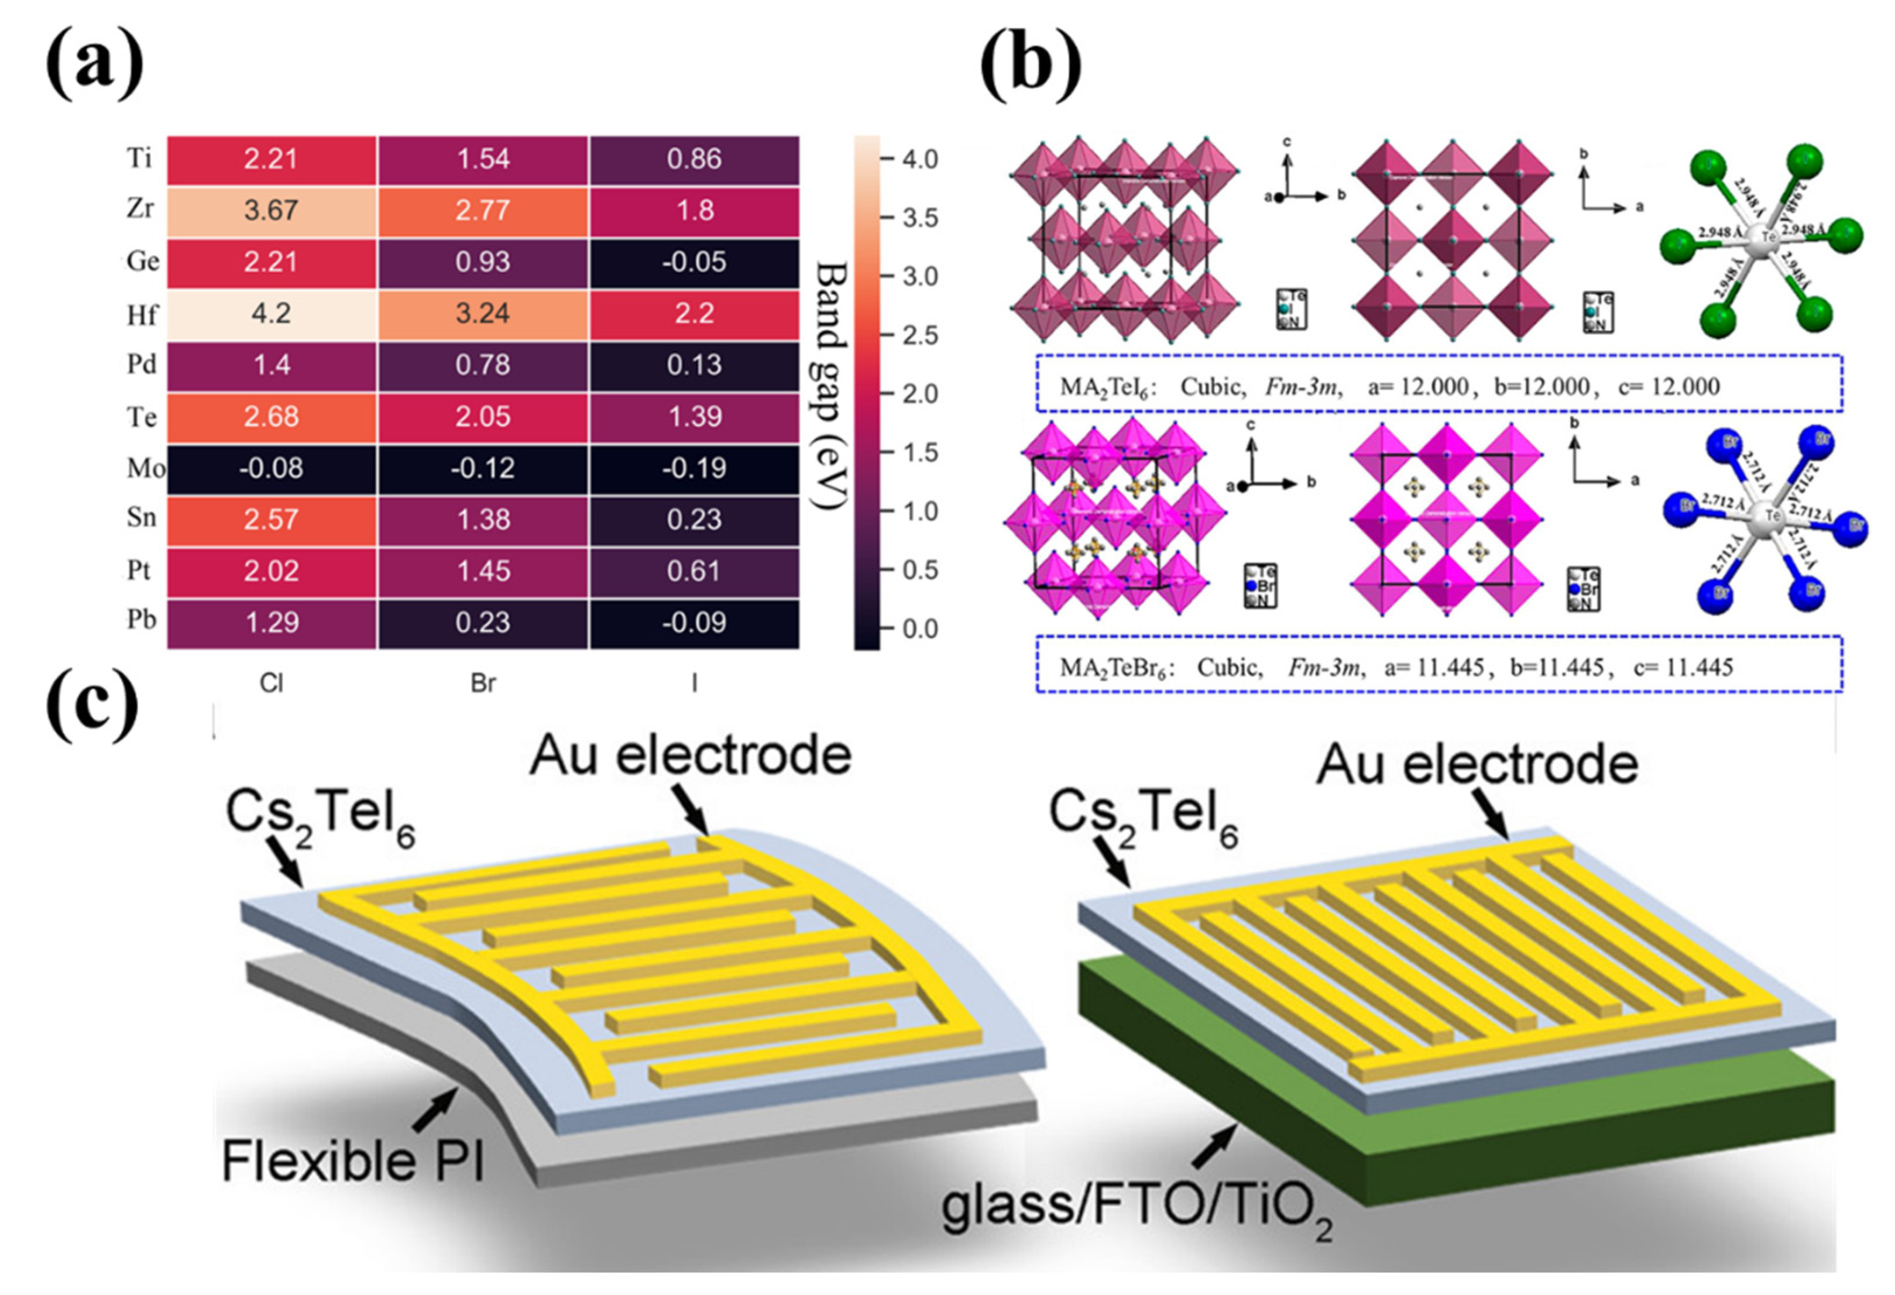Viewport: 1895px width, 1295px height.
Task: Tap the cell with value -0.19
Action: [x=694, y=469]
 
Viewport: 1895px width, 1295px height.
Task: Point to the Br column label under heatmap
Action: [x=483, y=683]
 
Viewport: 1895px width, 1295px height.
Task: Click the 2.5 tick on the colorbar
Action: [x=920, y=336]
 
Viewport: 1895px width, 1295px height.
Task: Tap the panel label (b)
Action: [x=1030, y=64]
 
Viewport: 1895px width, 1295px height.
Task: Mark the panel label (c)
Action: [x=91, y=703]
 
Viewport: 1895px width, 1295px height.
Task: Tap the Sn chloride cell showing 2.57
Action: [x=271, y=520]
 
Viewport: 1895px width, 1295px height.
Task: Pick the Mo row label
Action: [x=145, y=469]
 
